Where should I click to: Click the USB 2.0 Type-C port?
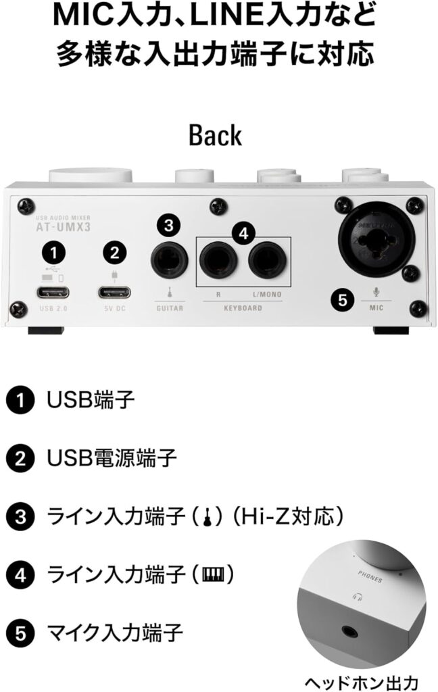pos(53,292)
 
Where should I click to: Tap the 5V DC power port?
pos(114,292)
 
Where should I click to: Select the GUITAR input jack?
pos(170,260)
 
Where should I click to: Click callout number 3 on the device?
pos(169,226)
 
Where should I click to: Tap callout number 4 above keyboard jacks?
pos(243,233)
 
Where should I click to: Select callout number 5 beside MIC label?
pos(343,301)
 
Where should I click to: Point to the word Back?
pos(216,135)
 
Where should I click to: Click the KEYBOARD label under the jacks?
pos(243,308)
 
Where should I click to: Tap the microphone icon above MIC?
pos(376,292)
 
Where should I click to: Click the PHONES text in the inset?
pos(370,576)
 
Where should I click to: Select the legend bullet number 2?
pos(20,459)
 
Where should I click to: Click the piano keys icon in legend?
pos(214,574)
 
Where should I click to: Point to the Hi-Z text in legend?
pos(260,516)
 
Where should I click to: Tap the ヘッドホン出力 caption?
pos(362,682)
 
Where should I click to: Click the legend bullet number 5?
pos(20,633)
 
